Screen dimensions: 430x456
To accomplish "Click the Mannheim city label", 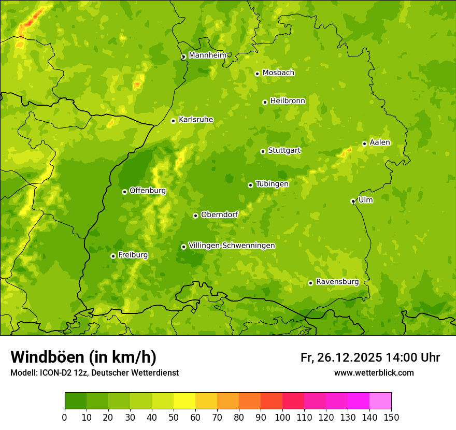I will pos(207,55).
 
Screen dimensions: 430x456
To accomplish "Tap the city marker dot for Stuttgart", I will pos(263,151).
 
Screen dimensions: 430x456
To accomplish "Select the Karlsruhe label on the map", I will pos(196,120).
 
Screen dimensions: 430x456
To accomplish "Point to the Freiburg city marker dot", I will pos(113,256).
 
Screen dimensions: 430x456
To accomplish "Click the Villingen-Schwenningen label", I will pos(232,246).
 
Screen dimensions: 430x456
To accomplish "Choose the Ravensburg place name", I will pos(337,282).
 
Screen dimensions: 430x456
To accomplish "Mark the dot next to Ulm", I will pos(353,201).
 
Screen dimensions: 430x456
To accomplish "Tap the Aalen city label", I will pos(380,142).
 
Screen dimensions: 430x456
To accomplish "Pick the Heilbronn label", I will pos(288,101).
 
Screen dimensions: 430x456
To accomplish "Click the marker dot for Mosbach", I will pos(257,74).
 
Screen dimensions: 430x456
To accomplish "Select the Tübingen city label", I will pos(272,184).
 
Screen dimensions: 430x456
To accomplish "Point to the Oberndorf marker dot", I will pos(195,216).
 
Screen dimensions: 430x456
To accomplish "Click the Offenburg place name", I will pos(148,191).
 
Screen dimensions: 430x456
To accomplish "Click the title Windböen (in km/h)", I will pos(83,357).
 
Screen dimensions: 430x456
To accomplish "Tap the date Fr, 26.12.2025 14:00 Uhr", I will pos(370,357).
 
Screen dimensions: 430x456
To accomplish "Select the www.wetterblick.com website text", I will pos(374,372).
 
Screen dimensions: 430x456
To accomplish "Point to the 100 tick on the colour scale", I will pos(282,417).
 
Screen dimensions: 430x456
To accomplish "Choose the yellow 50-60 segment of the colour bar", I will pos(184,401).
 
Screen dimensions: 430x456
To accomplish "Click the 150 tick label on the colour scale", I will pos(391,417).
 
